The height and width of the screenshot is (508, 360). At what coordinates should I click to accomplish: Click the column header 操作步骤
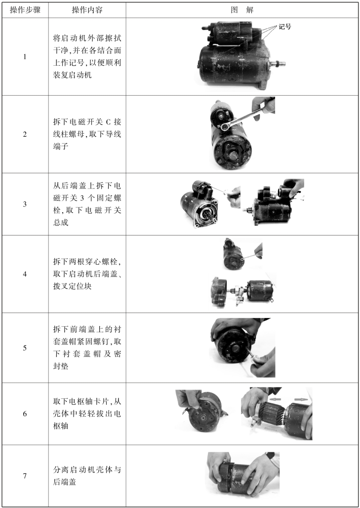(25, 10)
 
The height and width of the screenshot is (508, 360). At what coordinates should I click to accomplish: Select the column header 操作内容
(87, 10)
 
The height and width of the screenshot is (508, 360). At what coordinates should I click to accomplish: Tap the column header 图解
(242, 10)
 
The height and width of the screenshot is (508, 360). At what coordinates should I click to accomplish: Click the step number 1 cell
(25, 57)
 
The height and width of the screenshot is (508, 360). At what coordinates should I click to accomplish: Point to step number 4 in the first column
(25, 274)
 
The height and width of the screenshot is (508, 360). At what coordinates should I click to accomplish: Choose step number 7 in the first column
(25, 476)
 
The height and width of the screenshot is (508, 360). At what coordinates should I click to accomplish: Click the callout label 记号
(285, 27)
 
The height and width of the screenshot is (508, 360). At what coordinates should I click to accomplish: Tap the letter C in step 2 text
(108, 122)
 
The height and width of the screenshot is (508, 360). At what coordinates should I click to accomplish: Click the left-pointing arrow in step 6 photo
(276, 399)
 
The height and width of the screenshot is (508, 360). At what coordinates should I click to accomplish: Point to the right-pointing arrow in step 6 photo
(301, 399)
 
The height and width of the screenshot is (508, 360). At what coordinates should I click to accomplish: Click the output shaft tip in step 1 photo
(283, 64)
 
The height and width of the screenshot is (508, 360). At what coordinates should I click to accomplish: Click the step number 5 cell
(25, 348)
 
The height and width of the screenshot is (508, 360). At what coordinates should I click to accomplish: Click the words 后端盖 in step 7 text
(65, 482)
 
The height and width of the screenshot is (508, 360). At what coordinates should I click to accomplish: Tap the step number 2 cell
(25, 134)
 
